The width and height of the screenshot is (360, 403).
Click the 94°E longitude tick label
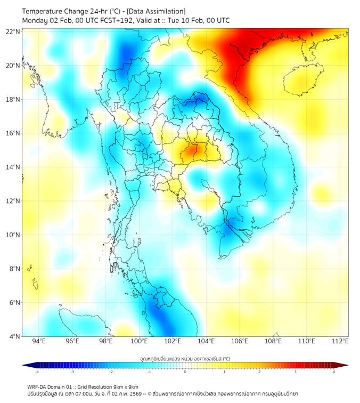coord(39,341)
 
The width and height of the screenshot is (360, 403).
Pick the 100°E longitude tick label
coord(139,341)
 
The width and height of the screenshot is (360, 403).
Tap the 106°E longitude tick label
coord(240,341)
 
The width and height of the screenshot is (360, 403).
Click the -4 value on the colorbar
coord(36,372)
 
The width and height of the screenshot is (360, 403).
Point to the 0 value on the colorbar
coord(185,372)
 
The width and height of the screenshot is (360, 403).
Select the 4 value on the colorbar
coord(334,372)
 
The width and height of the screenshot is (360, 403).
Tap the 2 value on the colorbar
coord(259,372)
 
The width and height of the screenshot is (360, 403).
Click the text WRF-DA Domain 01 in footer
coord(51,386)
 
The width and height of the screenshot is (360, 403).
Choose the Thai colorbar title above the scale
coord(185,359)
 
